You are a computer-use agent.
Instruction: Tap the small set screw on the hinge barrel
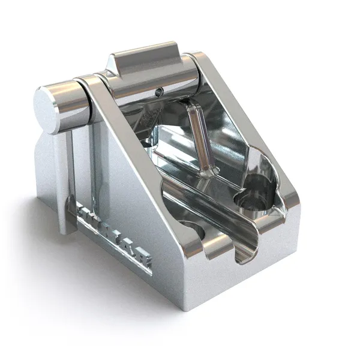tap(158, 92)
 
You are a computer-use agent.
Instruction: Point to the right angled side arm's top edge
tap(246, 120)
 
